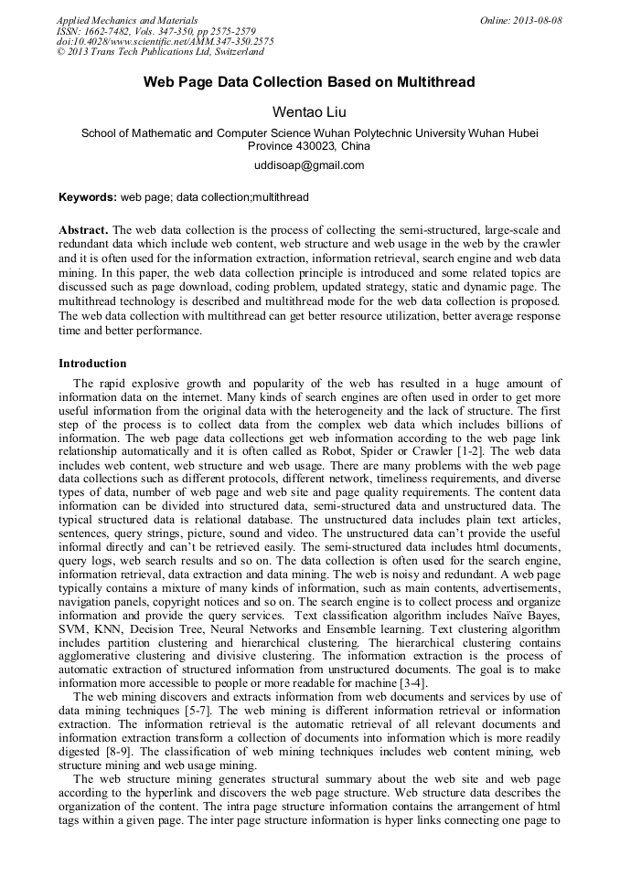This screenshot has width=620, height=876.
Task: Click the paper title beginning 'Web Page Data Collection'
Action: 309,82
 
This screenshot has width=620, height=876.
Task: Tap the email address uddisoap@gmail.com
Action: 309,165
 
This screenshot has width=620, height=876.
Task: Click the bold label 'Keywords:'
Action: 88,196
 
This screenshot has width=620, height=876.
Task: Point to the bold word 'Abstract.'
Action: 83,230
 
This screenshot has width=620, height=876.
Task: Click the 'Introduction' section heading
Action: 92,364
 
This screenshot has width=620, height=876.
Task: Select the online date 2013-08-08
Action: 539,20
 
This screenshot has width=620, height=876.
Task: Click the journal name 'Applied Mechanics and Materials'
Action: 126,20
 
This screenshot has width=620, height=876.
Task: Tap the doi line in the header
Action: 165,42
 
